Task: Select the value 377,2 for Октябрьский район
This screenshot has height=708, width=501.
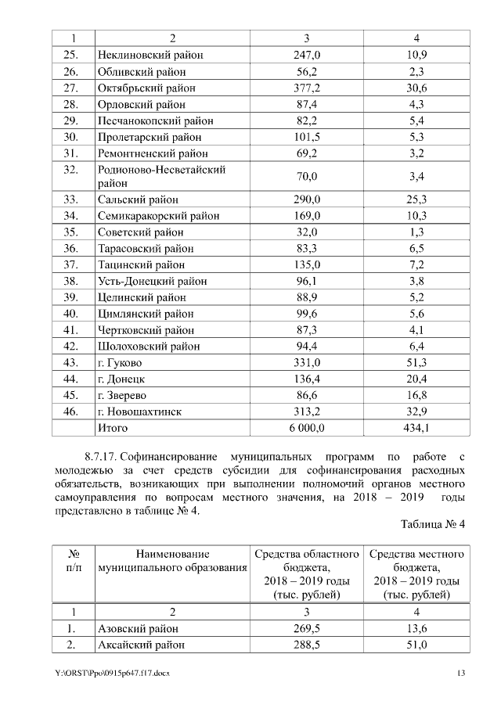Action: [x=306, y=88]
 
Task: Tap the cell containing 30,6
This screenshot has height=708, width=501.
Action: [x=416, y=88]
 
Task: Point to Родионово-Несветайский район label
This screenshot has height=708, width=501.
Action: [x=161, y=176]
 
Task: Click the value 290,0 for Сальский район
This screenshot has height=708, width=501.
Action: [x=306, y=199]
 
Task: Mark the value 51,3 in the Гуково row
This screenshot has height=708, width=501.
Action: [x=416, y=363]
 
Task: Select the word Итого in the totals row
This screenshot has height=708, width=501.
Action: [x=113, y=428]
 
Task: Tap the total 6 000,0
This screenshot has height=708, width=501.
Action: [x=306, y=428]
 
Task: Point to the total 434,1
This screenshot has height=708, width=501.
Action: [x=416, y=428]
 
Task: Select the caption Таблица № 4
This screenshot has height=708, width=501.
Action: [x=433, y=524]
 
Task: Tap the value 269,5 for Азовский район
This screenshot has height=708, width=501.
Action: [x=306, y=628]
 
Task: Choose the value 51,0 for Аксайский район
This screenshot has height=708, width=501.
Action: [x=416, y=645]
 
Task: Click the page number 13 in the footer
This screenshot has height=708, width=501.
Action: [x=461, y=674]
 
